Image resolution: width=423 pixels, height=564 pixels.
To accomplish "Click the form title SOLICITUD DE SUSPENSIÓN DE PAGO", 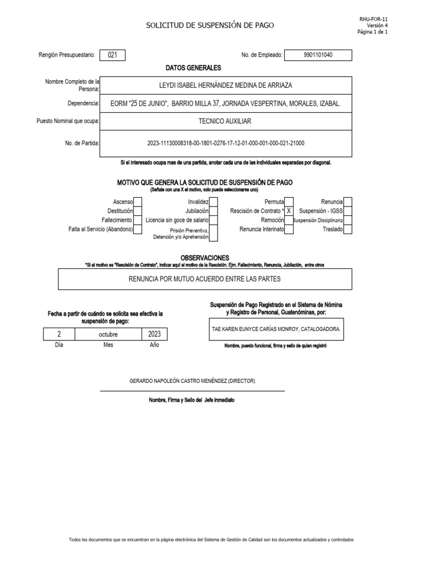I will (209, 25).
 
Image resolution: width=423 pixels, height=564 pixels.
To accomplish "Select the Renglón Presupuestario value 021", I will (112, 55).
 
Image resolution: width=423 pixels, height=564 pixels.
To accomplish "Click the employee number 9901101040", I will (318, 55).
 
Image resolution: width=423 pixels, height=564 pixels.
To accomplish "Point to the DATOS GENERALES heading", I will (193, 68).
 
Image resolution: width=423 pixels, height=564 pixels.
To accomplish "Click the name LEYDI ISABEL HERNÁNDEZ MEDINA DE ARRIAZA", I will (226, 85).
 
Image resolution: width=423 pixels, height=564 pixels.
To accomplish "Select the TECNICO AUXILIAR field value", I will (226, 121).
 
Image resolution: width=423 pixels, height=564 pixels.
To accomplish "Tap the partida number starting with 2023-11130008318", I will (226, 143).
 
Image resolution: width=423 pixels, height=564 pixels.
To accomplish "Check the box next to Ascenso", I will (138, 202).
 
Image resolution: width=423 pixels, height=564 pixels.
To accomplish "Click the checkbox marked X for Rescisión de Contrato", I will (289, 211).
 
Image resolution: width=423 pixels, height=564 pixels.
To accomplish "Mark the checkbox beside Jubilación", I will (213, 211).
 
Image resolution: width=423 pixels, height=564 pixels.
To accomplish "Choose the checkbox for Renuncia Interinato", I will (289, 229).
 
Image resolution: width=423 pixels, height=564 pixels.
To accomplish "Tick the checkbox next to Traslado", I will (348, 229).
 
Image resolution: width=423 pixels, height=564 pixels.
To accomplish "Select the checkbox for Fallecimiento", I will (138, 220).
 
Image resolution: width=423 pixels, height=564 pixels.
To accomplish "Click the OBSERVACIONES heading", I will (205, 258).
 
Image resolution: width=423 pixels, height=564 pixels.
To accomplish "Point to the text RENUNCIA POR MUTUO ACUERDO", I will (205, 279).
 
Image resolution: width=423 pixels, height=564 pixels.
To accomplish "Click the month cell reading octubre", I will (108, 334).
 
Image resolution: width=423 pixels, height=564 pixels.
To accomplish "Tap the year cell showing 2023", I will (154, 334).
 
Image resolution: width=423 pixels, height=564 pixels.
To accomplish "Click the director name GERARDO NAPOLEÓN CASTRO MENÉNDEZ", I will (192, 381).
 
